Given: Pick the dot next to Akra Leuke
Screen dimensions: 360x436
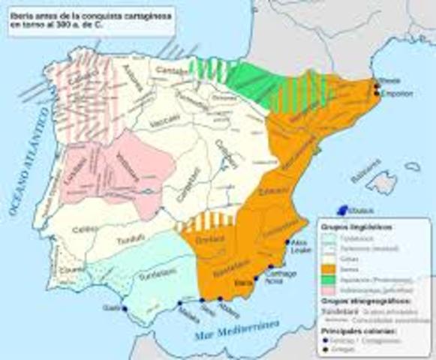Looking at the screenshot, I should pos(288,241).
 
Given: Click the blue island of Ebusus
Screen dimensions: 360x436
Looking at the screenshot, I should pos(345,211).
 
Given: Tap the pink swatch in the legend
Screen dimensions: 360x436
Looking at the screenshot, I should pos(327,287).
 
